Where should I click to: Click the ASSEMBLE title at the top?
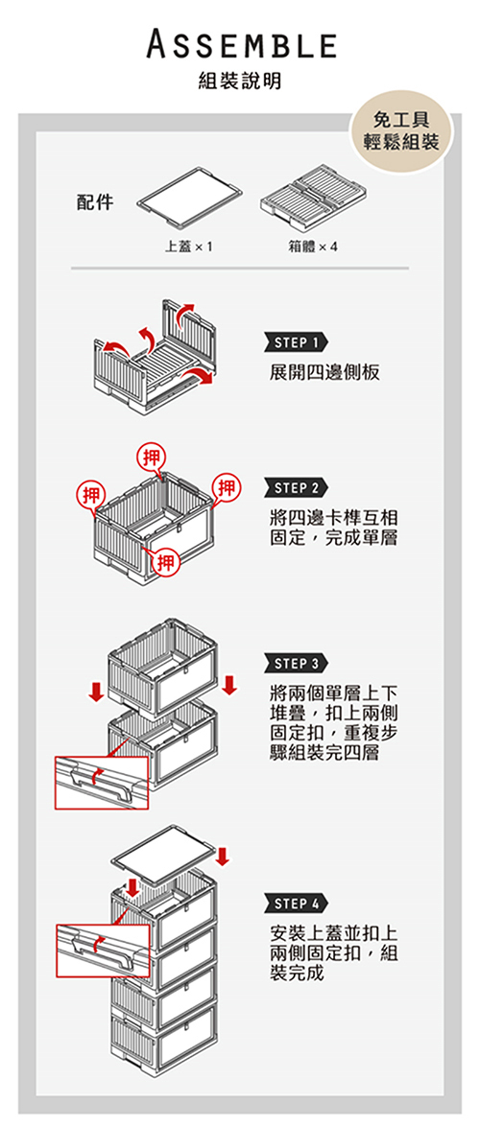241,44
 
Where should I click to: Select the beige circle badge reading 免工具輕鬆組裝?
401,131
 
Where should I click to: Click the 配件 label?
96,202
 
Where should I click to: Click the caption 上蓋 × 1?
188,247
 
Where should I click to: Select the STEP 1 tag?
297,342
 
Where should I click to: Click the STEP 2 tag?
297,489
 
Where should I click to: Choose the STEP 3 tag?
297,662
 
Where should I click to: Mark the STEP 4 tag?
297,903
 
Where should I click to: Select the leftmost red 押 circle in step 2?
91,495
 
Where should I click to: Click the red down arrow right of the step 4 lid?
223,856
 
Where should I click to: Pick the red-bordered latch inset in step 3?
102,782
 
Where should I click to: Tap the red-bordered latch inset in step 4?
103,951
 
